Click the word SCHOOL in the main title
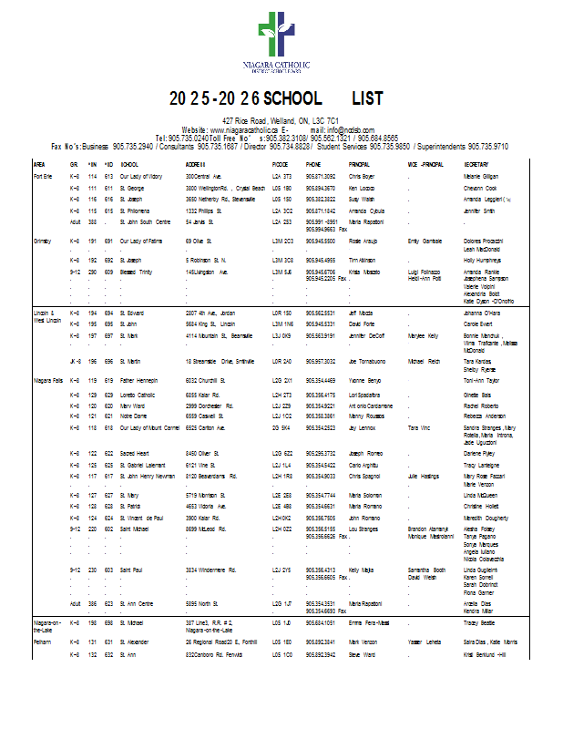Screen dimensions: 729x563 tap(292, 98)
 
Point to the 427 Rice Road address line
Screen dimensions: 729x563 tap(281, 121)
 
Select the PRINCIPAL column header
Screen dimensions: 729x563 tap(359, 164)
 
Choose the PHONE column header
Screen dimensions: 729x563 tap(314, 164)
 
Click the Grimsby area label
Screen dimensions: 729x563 tap(44, 241)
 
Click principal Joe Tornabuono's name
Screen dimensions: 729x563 tap(374, 361)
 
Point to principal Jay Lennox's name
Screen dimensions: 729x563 tap(363, 426)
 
